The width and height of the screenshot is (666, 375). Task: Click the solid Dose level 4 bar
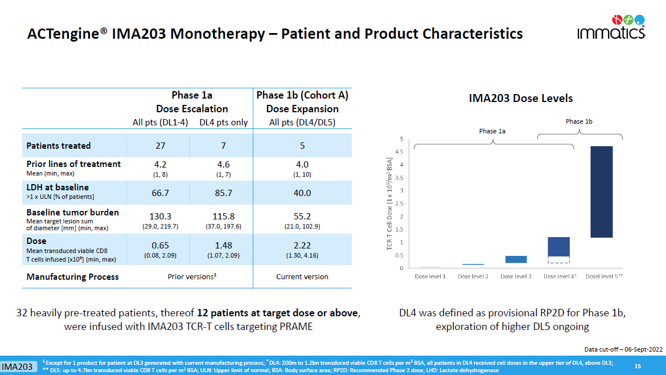[558, 246]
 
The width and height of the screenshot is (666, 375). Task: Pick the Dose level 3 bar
[516, 259]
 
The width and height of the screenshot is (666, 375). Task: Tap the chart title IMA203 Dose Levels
[520, 99]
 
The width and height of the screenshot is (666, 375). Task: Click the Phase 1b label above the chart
[579, 121]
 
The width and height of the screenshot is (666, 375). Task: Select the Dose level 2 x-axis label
[474, 277]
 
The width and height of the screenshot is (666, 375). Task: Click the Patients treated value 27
[161, 145]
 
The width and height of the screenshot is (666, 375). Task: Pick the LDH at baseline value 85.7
[224, 193]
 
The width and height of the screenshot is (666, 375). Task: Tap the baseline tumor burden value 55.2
[302, 217]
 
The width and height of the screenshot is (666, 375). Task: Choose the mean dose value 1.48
[224, 245]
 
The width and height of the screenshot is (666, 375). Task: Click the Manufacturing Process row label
[73, 277]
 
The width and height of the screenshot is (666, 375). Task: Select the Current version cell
[302, 277]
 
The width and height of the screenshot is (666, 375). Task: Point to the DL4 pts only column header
[224, 123]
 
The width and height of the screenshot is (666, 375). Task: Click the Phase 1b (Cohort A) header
[302, 96]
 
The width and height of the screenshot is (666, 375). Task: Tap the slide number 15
[638, 366]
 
